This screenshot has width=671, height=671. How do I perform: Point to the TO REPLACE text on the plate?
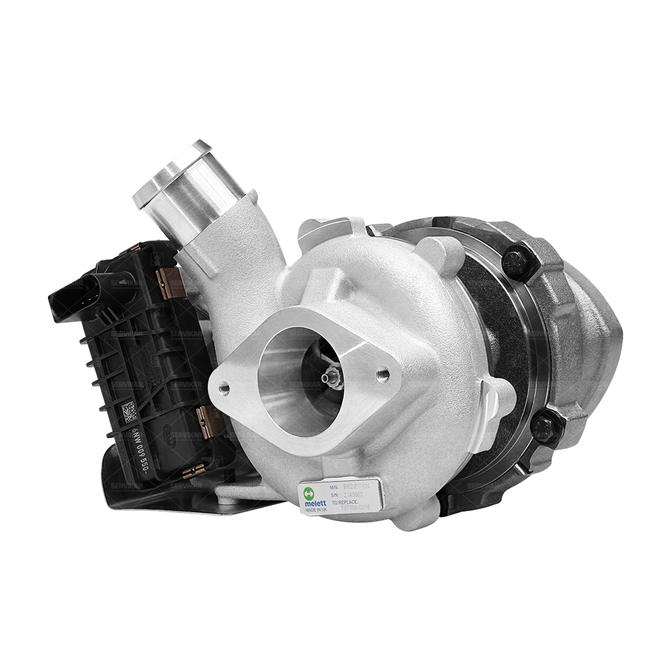point(345,500)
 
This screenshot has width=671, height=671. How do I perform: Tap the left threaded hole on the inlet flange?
point(224,389)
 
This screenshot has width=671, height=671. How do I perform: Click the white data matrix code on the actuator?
point(128,411)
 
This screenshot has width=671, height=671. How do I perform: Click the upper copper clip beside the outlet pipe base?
point(168,278)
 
